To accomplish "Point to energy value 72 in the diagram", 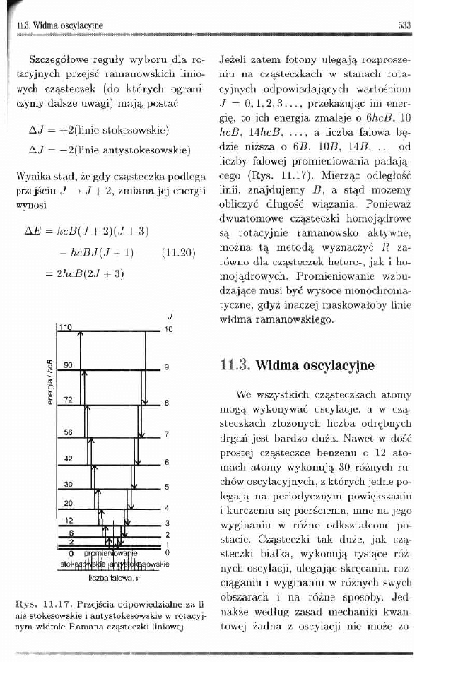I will point(68,399).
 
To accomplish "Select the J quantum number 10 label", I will point(168,329).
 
